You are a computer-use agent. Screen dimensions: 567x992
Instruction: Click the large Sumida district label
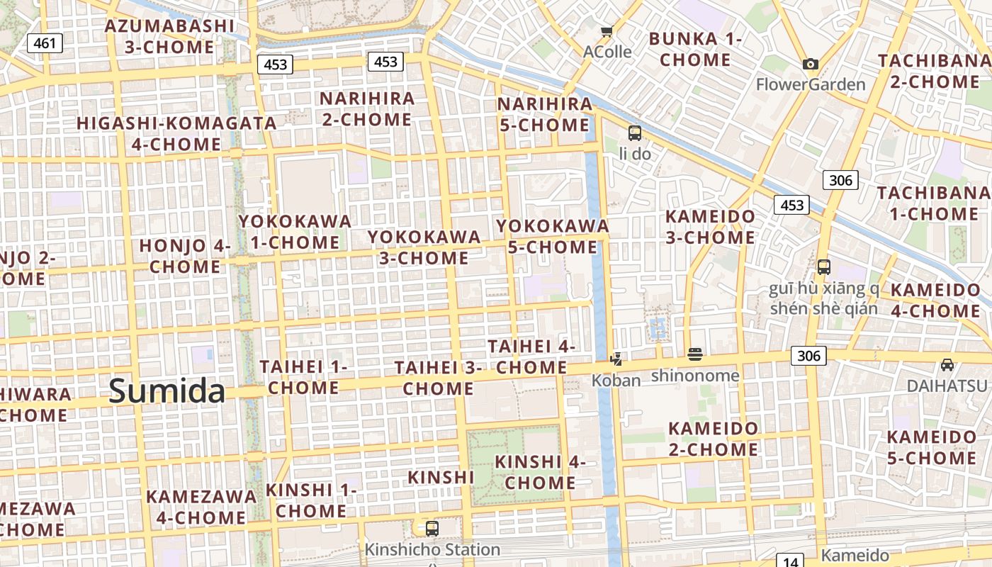167,391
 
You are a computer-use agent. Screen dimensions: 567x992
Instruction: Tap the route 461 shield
45,43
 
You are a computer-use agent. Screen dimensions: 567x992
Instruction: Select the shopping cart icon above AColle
607,31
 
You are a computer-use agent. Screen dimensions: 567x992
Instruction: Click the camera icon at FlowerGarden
811,64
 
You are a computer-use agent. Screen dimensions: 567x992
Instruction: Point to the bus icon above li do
634,133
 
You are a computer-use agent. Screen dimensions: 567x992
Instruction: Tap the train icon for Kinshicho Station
432,528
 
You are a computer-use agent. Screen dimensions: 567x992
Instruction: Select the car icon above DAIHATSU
947,365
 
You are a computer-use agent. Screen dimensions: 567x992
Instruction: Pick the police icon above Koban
616,359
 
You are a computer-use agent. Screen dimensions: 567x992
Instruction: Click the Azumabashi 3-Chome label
169,37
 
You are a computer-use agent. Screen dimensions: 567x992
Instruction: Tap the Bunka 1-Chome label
695,49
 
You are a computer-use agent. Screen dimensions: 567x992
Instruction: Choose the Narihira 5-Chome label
544,114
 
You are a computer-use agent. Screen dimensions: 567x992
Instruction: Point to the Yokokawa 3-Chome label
424,247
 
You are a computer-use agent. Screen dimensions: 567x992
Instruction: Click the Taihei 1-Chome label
303,377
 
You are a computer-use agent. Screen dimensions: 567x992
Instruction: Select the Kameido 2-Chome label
714,439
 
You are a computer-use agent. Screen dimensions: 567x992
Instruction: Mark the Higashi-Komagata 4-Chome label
176,133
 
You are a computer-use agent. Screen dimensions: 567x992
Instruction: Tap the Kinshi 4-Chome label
540,472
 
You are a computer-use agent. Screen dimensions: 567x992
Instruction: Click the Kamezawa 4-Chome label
201,507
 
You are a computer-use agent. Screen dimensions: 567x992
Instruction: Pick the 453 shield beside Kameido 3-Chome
791,206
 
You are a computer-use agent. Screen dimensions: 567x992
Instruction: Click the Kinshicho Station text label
432,549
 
